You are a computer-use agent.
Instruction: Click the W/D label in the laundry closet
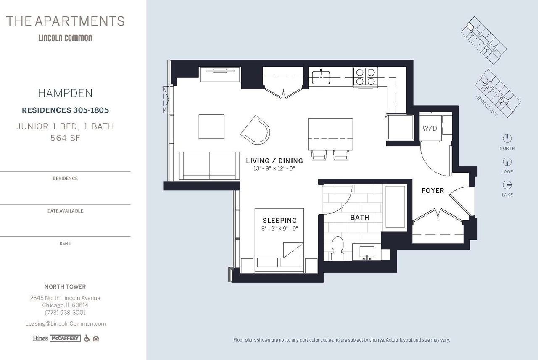(x=430, y=128)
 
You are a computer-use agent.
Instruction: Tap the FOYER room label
(x=433, y=191)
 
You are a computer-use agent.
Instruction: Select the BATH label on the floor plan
(x=360, y=217)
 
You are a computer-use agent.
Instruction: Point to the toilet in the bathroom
(x=338, y=248)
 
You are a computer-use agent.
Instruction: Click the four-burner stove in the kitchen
(x=365, y=77)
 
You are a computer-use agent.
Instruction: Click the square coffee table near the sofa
(x=211, y=126)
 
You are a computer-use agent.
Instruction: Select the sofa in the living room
(x=209, y=166)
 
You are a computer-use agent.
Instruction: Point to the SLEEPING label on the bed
(x=280, y=220)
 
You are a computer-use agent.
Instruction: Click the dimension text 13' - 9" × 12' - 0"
(x=274, y=168)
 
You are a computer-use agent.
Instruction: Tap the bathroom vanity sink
(x=367, y=252)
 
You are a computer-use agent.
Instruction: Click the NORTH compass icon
(x=507, y=138)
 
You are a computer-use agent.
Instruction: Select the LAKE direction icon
(x=507, y=185)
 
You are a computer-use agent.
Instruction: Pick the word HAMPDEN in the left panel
(x=65, y=93)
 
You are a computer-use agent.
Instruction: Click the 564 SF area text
(x=65, y=138)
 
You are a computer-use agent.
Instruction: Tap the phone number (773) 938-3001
(x=65, y=313)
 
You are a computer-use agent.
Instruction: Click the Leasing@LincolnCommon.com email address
(x=65, y=323)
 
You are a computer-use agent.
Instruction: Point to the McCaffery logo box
(x=65, y=338)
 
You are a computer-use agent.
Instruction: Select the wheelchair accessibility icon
(x=87, y=338)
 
